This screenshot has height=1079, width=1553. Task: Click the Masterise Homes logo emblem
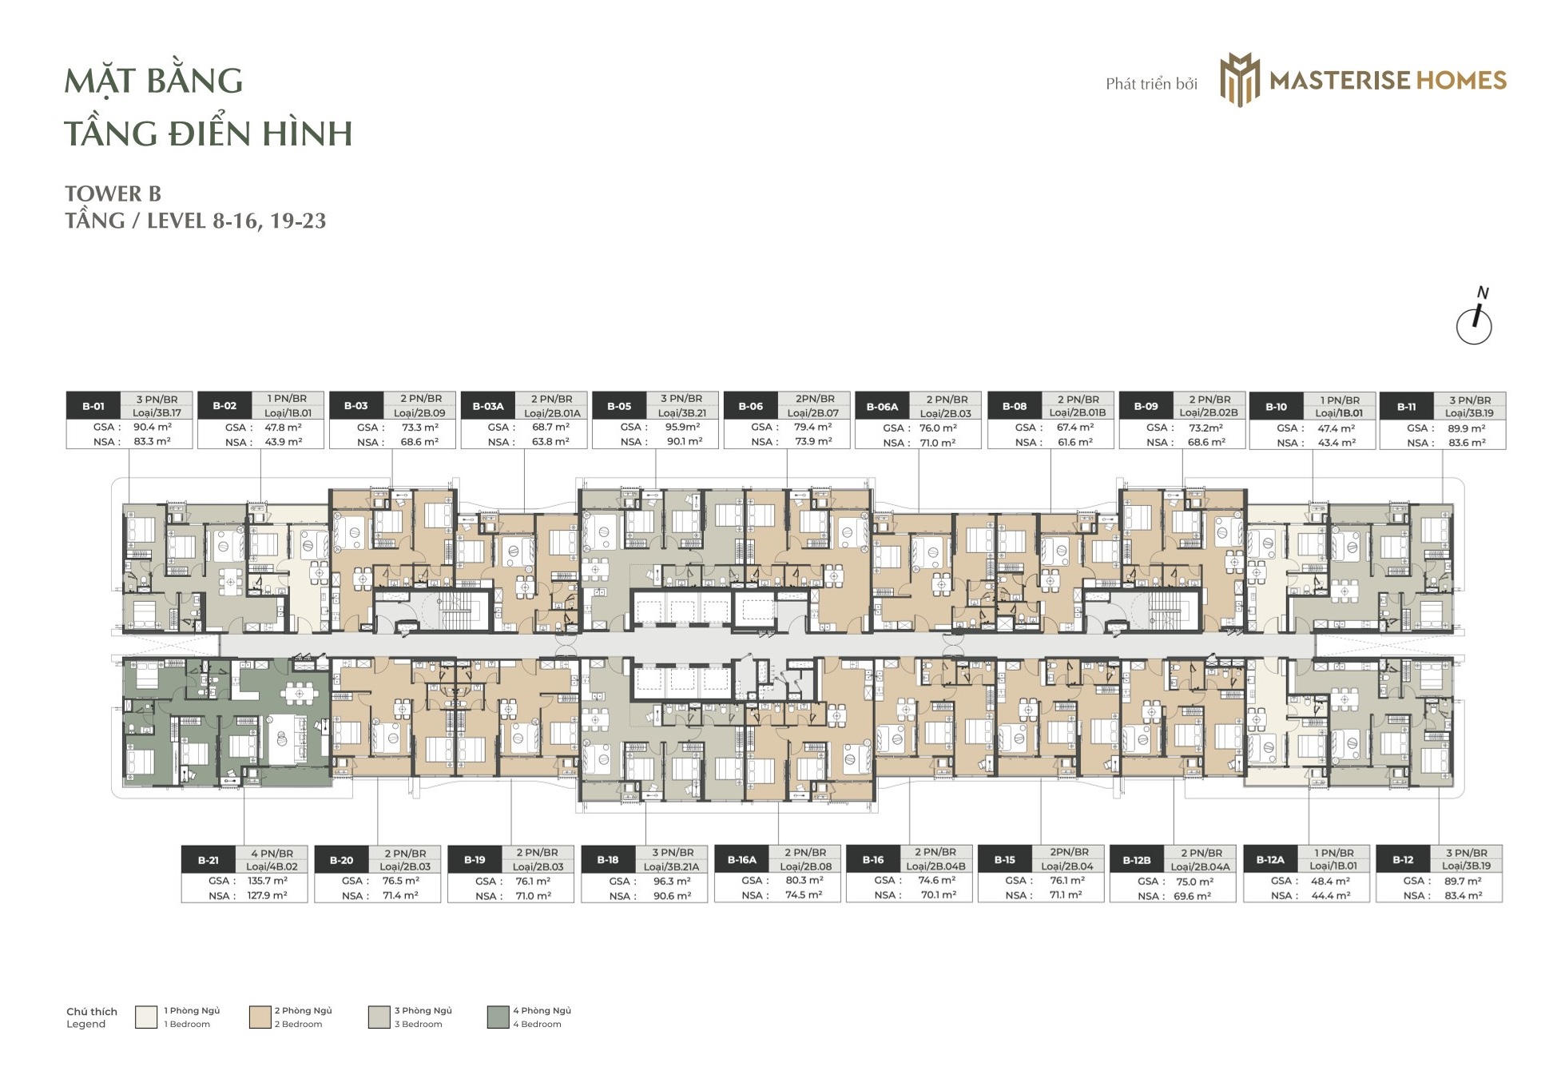pyautogui.click(x=1240, y=80)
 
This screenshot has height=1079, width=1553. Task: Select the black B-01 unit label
pyautogui.click(x=93, y=406)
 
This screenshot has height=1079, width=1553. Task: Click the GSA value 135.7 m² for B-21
pyautogui.click(x=268, y=881)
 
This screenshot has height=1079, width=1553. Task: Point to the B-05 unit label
pyautogui.click(x=619, y=406)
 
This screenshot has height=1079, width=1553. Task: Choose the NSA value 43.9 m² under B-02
pyautogui.click(x=284, y=442)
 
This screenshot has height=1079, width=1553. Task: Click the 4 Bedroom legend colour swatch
pyautogui.click(x=498, y=1017)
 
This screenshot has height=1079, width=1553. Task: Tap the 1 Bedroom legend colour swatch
pyautogui.click(x=146, y=1017)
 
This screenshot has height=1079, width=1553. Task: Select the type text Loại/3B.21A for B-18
pyautogui.click(x=672, y=866)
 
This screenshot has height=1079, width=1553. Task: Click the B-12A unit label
pyautogui.click(x=1270, y=860)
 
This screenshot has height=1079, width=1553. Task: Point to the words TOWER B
pyautogui.click(x=113, y=194)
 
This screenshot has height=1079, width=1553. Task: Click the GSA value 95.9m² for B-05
pyautogui.click(x=683, y=427)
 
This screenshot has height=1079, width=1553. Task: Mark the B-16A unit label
pyautogui.click(x=741, y=860)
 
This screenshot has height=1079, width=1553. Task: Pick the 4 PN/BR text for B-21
pyautogui.click(x=272, y=854)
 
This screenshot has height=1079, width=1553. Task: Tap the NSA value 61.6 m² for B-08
pyautogui.click(x=1075, y=442)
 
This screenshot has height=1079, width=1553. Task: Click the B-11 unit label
pyautogui.click(x=1407, y=407)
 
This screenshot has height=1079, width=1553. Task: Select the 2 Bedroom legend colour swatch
pyautogui.click(x=260, y=1017)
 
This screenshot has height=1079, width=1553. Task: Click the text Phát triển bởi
pyautogui.click(x=1152, y=84)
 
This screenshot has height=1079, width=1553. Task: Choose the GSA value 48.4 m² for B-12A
pyautogui.click(x=1331, y=882)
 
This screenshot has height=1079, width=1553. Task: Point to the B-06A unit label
pyautogui.click(x=882, y=407)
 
